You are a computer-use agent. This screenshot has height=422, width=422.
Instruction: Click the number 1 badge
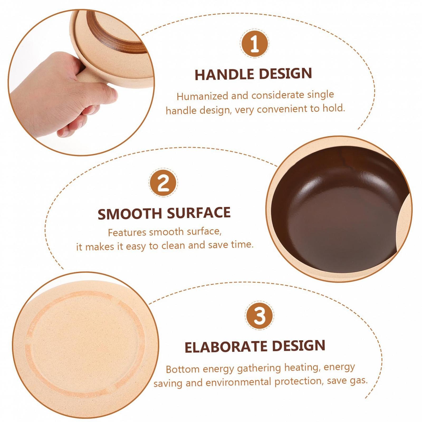click(x=255, y=44)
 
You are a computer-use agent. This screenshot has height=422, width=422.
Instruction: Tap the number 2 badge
click(x=163, y=182)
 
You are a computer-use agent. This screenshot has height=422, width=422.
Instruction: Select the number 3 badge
click(x=260, y=315)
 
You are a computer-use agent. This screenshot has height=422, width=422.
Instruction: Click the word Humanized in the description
click(x=203, y=96)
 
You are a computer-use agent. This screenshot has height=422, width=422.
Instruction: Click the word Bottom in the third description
click(x=183, y=369)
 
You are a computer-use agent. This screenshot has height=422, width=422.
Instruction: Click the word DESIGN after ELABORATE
click(x=299, y=346)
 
